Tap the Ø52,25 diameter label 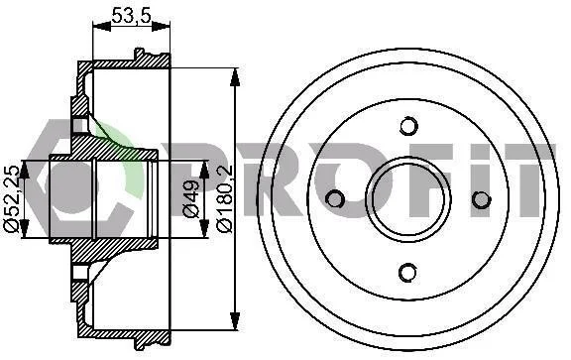coord(11,199)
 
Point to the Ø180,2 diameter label coord(224,198)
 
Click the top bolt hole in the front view coord(408,126)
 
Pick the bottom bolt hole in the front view coord(407,272)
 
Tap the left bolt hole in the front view coord(335,199)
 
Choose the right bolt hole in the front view coord(482,199)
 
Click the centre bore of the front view coord(408,199)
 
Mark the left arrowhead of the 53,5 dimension coord(101,26)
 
